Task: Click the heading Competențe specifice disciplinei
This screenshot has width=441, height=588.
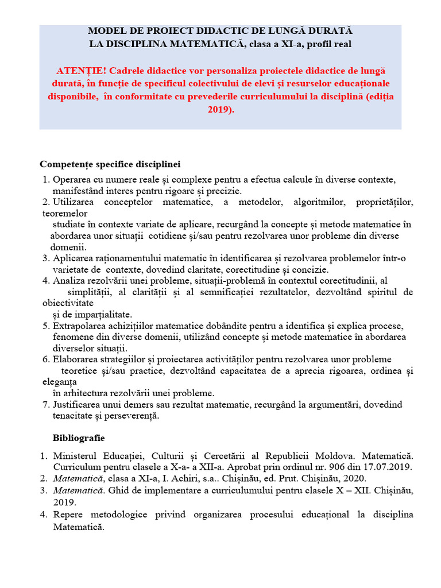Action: (x=110, y=164)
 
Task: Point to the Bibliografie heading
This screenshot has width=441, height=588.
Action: (x=79, y=438)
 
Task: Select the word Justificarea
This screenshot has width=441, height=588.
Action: (x=78, y=404)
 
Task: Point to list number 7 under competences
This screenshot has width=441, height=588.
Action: (x=47, y=404)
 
